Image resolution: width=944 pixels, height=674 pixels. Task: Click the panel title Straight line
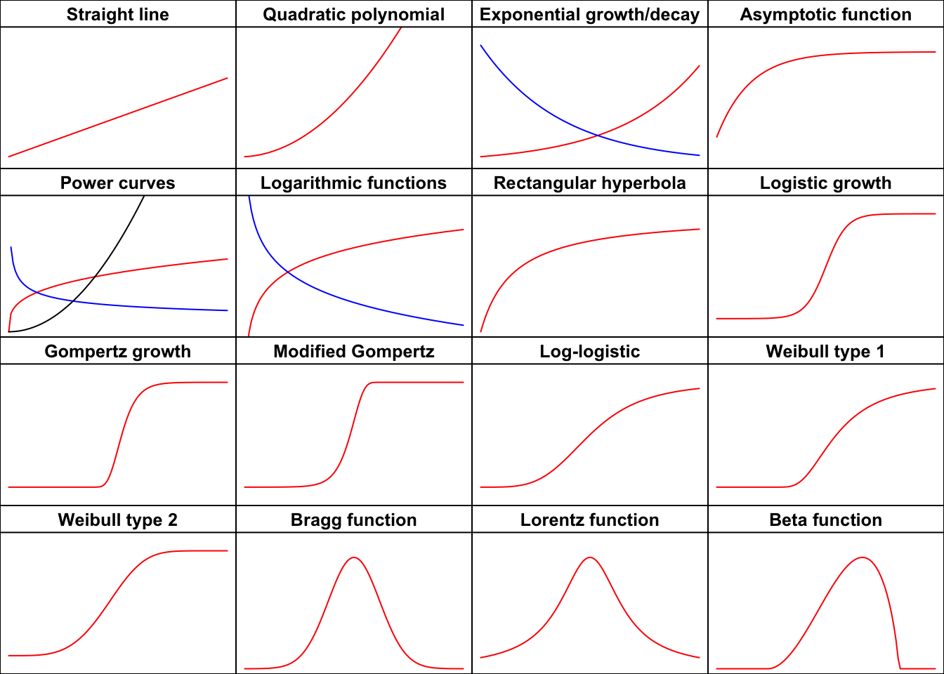(x=118, y=15)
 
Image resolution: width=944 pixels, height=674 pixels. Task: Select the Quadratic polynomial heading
(x=354, y=15)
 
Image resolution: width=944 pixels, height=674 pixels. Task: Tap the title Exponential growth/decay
(x=590, y=15)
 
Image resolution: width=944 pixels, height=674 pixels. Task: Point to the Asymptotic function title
(x=826, y=15)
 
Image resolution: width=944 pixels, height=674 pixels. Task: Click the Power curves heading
(x=118, y=183)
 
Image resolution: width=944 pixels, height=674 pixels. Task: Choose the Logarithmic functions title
(x=354, y=183)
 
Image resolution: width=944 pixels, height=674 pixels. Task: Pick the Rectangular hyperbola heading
(x=590, y=183)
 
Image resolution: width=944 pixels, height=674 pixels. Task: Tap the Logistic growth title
(x=826, y=183)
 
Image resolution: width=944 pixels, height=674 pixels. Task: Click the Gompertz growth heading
(x=118, y=352)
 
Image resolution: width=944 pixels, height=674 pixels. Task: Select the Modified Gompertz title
(x=354, y=352)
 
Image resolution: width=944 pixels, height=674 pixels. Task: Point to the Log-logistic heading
(x=590, y=352)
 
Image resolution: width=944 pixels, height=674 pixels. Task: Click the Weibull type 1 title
(x=826, y=352)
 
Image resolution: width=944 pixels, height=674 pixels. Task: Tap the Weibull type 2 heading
(x=118, y=520)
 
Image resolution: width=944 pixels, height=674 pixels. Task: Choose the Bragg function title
(x=354, y=520)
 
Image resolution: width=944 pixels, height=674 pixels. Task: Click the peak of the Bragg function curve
(x=355, y=557)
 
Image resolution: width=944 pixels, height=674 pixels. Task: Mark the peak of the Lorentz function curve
(x=591, y=557)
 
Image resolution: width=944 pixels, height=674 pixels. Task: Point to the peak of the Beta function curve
(x=863, y=557)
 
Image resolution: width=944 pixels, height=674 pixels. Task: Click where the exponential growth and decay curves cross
(x=597, y=135)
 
